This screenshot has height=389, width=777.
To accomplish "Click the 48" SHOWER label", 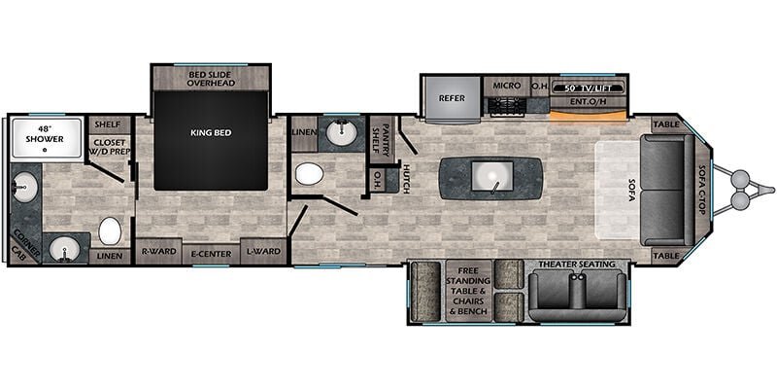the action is (45, 135).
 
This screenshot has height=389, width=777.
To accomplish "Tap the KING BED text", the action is (211, 133).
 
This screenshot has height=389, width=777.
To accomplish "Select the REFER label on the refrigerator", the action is (452, 98).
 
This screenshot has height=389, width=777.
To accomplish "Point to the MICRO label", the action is (506, 86).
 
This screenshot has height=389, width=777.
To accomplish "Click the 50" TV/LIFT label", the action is (588, 88).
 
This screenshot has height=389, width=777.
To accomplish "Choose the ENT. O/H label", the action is (588, 102).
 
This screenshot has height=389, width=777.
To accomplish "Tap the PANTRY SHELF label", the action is (383, 140).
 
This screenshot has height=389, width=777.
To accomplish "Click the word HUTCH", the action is (405, 179).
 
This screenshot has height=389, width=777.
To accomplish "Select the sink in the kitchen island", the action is (492, 177).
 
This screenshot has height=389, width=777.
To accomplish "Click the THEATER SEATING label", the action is (576, 265).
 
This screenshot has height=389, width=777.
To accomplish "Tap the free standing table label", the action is (468, 291).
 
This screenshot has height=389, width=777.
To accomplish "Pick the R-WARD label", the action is (158, 251).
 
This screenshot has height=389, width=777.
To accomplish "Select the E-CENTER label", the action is (211, 254).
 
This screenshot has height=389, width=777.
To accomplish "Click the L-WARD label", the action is (263, 251).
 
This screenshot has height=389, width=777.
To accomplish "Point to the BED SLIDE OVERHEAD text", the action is (211, 79).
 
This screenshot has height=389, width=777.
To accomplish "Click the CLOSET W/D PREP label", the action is (109, 147).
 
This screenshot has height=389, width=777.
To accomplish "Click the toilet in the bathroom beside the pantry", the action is (309, 174).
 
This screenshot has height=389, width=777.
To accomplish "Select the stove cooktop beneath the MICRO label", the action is (506, 106).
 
